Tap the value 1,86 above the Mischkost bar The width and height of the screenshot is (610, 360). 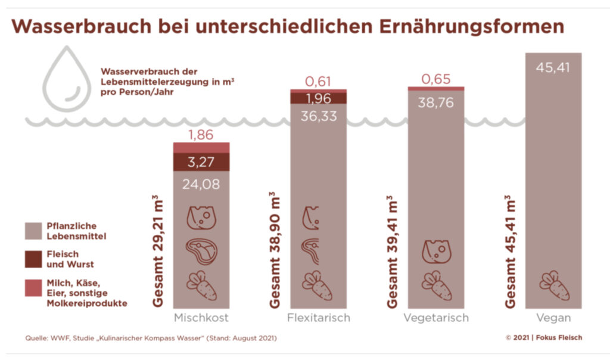[x=201, y=135]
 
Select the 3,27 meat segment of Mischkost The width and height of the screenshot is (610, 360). [x=201, y=161]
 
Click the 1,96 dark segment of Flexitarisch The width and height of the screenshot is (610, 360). [x=318, y=97]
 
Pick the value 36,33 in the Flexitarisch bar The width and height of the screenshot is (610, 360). [x=318, y=116]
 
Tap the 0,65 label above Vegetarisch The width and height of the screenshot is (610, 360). [x=435, y=79]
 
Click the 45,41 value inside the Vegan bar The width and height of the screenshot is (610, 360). [x=553, y=67]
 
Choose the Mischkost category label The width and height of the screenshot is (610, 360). [x=201, y=318]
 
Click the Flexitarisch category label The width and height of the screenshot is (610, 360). [x=318, y=318]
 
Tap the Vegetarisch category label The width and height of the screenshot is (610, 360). [x=435, y=318]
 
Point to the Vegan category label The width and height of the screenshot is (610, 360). [x=553, y=318]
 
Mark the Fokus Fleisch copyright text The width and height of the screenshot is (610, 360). [x=543, y=337]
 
